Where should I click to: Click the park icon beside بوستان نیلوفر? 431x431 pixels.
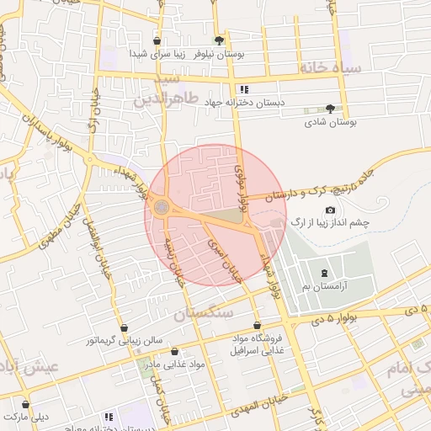point(220,40)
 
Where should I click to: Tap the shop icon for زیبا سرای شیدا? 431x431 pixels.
point(157,40)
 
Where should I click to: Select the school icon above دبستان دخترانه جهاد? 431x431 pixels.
point(243,89)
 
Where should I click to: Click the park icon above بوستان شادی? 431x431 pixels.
point(330,109)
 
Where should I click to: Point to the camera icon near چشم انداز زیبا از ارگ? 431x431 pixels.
point(329,210)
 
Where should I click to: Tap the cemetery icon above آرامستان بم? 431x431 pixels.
point(325,273)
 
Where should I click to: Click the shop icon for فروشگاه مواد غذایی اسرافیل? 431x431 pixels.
point(257,326)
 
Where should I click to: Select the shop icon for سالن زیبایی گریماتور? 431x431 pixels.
point(125,327)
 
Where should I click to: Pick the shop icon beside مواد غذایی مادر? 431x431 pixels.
point(174,351)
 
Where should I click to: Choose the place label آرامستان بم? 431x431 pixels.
point(326,287)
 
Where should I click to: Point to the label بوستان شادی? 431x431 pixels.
point(330,122)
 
